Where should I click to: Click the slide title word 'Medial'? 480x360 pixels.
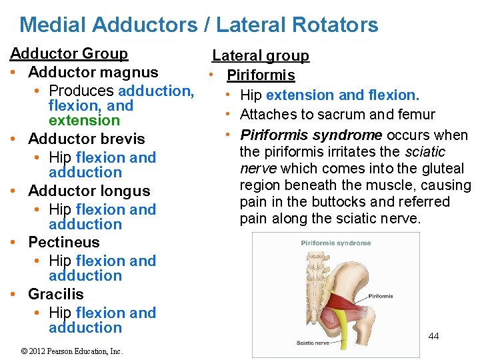tap(53, 25)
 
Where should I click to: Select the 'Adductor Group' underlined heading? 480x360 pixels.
tap(69, 53)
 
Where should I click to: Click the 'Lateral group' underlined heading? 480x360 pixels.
tap(261, 56)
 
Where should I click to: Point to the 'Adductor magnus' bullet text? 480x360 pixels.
tap(93, 72)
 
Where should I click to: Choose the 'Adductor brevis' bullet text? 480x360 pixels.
tap(86, 139)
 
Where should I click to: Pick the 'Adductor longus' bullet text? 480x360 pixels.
tap(89, 191)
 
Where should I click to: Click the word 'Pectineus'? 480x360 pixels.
tap(63, 242)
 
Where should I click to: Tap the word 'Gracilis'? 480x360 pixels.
tap(55, 294)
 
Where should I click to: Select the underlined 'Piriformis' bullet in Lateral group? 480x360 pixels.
tap(261, 75)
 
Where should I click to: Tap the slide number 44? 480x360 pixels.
tap(433, 336)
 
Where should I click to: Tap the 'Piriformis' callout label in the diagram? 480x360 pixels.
tap(381, 277)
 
